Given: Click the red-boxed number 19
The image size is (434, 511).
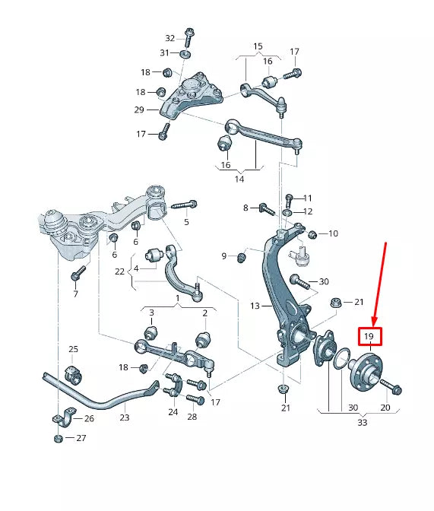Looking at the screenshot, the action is point(369,336).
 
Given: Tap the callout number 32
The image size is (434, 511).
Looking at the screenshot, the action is point(169,38).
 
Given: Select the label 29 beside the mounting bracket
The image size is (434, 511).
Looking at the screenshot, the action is point(139,109).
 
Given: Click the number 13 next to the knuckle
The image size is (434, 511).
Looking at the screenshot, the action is point(255,306).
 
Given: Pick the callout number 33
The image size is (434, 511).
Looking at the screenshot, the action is point(363,423).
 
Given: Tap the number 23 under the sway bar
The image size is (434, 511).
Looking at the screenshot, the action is point(125,417).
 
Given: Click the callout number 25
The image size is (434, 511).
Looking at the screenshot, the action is point(73,349).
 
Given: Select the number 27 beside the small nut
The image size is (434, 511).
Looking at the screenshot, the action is point(81,438).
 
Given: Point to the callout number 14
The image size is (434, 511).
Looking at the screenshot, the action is point(239,179).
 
